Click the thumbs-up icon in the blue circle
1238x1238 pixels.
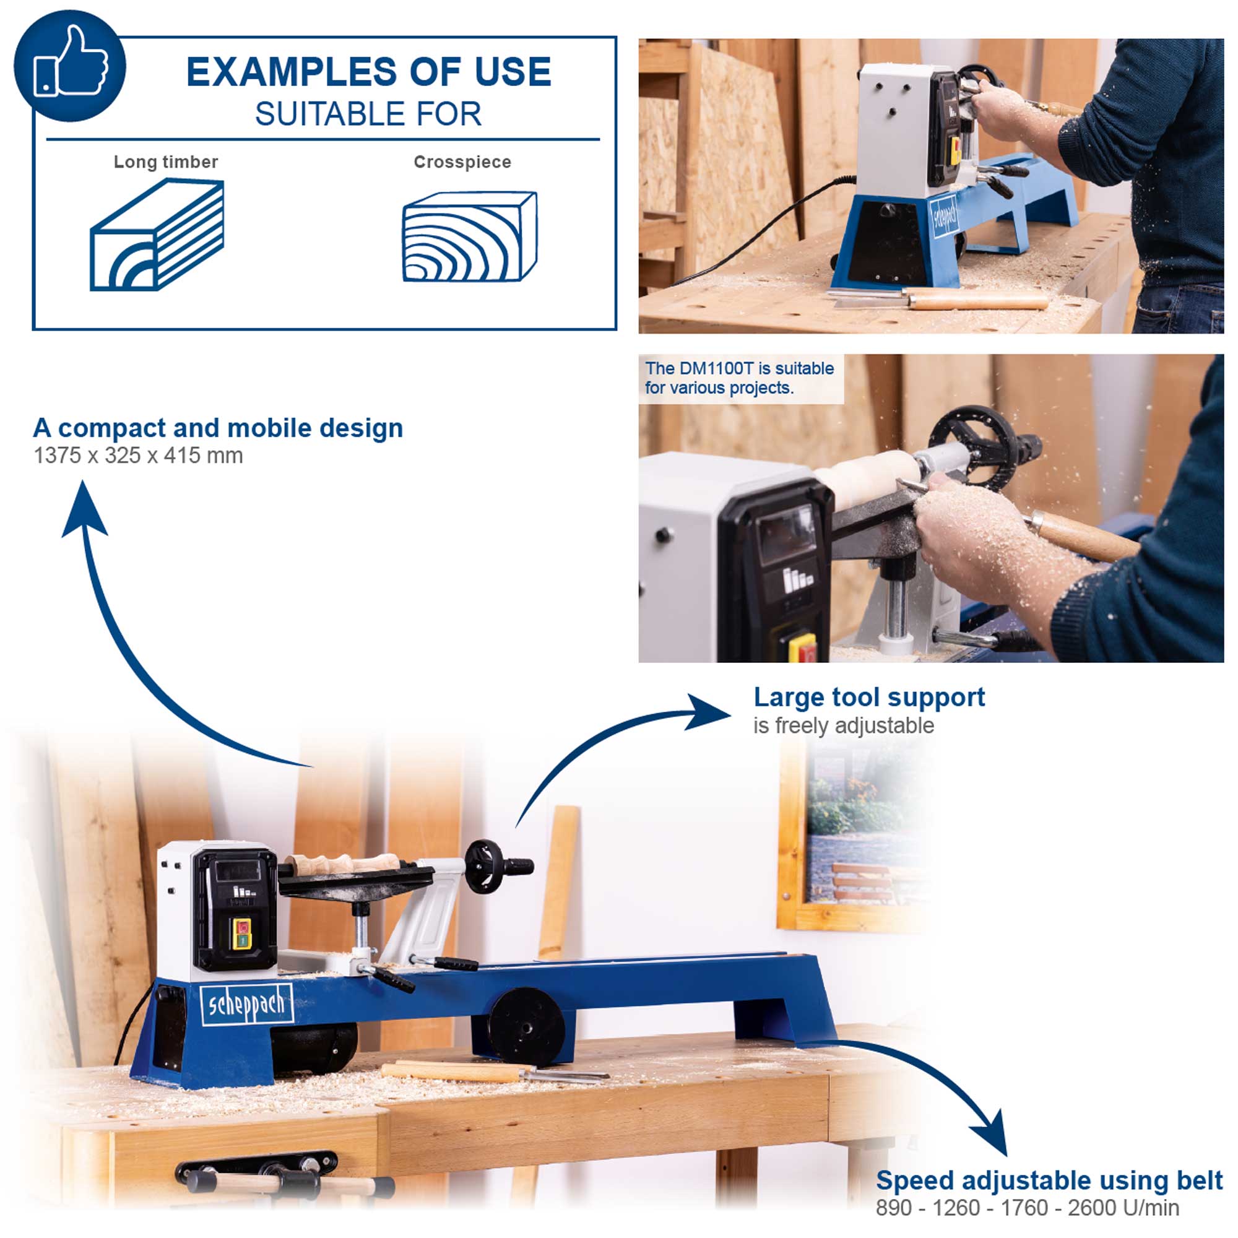[x=71, y=61]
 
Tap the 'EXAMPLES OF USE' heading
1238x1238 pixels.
[x=368, y=71]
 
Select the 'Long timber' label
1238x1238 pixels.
[x=166, y=162]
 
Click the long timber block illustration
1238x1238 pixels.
[x=157, y=235]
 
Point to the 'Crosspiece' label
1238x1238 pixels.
[x=462, y=162]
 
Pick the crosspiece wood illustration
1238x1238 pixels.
[x=470, y=236]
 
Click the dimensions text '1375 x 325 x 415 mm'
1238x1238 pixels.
[x=139, y=456]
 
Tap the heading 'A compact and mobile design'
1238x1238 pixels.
[x=218, y=428]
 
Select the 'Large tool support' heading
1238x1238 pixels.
[x=869, y=698]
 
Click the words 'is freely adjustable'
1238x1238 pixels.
[x=843, y=725]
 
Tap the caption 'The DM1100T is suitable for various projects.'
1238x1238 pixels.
[x=740, y=378]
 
